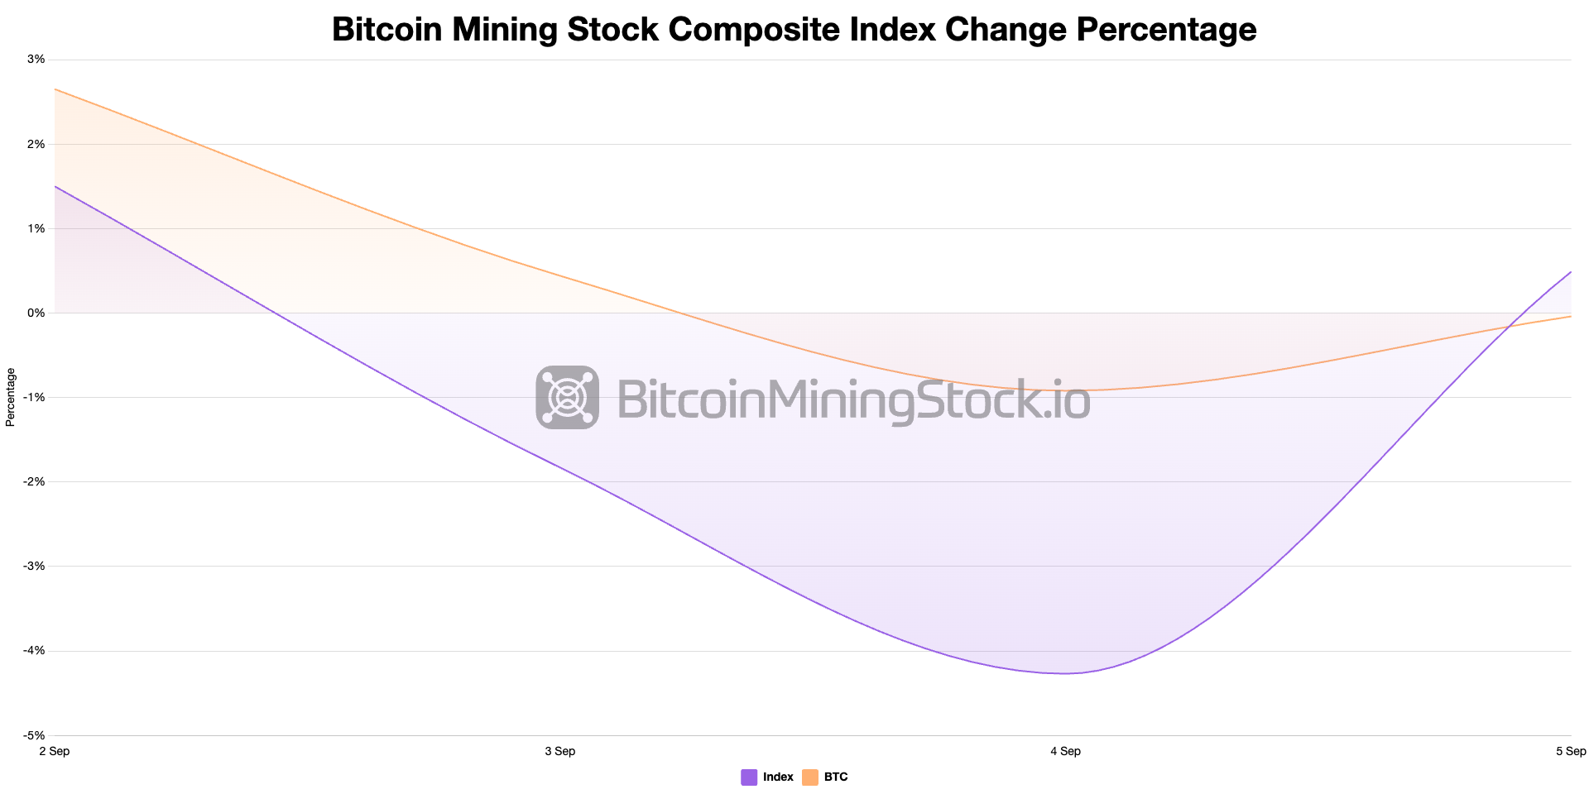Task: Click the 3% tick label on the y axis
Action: tap(36, 60)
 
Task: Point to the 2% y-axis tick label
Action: tap(36, 144)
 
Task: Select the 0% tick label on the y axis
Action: tap(36, 313)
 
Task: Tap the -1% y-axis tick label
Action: tap(35, 397)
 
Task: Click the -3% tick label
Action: tap(35, 566)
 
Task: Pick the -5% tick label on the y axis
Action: tap(35, 735)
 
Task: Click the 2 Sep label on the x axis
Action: tap(55, 751)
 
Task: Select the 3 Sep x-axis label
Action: tap(560, 751)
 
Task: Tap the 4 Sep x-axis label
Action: tap(1065, 751)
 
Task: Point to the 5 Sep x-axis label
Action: tap(1570, 751)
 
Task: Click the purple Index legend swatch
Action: tap(749, 777)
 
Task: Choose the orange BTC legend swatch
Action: tap(810, 777)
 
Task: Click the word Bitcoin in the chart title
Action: tap(386, 30)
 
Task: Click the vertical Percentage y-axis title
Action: tap(11, 397)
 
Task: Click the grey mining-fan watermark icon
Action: tap(567, 397)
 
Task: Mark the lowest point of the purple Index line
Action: tap(1066, 673)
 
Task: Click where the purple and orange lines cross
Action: tap(1510, 327)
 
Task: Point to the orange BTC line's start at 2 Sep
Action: tap(55, 89)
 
